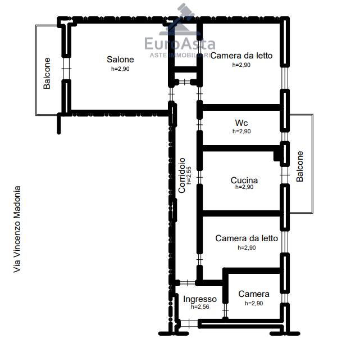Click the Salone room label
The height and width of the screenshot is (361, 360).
click(120, 60)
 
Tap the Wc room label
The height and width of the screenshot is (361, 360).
click(241, 123)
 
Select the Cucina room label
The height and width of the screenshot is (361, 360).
click(244, 180)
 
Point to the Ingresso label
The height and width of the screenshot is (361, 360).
click(200, 299)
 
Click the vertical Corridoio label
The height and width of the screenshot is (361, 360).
click(181, 175)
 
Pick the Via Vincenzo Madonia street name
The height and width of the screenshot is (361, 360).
click(17, 229)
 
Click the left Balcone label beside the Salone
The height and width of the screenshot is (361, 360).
click(47, 73)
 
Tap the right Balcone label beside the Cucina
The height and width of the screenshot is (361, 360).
click(300, 166)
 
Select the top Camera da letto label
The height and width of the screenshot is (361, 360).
click(241, 56)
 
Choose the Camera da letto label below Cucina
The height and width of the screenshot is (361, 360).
click(247, 238)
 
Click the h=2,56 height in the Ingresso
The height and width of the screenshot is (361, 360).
click(200, 306)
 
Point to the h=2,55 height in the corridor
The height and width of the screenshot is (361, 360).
click(189, 175)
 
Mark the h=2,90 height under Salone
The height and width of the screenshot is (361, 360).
click(120, 69)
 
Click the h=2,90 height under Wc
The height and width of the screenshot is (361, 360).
click(241, 131)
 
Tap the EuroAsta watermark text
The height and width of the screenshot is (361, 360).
click(180, 44)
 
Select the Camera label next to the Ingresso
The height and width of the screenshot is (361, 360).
click(254, 294)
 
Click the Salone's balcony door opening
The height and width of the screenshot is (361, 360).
click(66, 69)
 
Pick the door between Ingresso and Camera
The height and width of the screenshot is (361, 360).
click(226, 310)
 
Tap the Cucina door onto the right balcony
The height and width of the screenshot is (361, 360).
click(285, 175)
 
